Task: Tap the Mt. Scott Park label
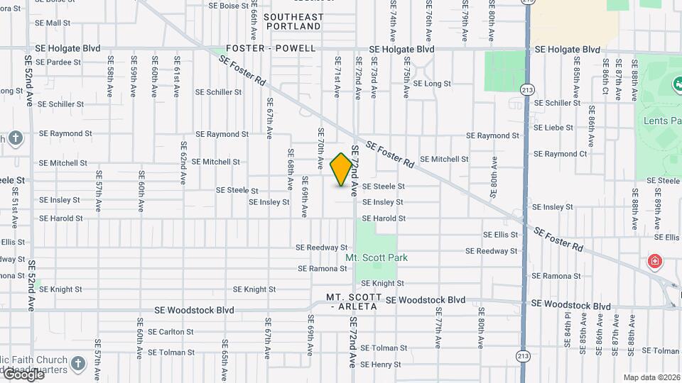377,257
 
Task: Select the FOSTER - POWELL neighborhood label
271,48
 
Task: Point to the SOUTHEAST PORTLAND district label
293,21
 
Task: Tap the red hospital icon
654,262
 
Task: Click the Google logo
23,374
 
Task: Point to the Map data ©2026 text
651,377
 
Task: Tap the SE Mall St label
53,23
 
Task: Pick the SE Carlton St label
170,332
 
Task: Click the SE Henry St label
381,365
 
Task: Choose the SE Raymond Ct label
560,154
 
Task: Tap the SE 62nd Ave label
183,168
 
